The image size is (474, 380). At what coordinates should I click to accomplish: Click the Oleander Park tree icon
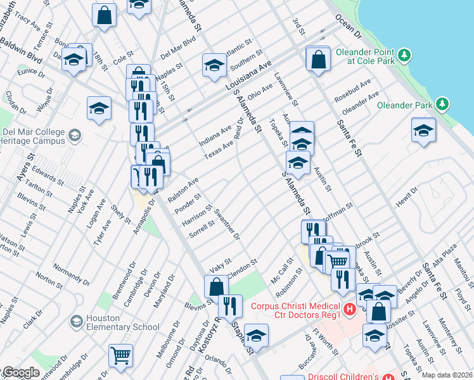click(x=442, y=104)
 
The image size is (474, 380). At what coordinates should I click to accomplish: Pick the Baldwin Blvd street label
click(x=21, y=51)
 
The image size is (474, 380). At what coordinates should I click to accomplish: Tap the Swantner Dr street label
click(x=227, y=224)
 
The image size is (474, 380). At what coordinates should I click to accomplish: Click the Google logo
click(x=20, y=372)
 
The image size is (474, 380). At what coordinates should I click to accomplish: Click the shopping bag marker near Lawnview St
click(x=317, y=59)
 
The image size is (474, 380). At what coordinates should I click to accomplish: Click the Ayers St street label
click(x=25, y=167)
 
